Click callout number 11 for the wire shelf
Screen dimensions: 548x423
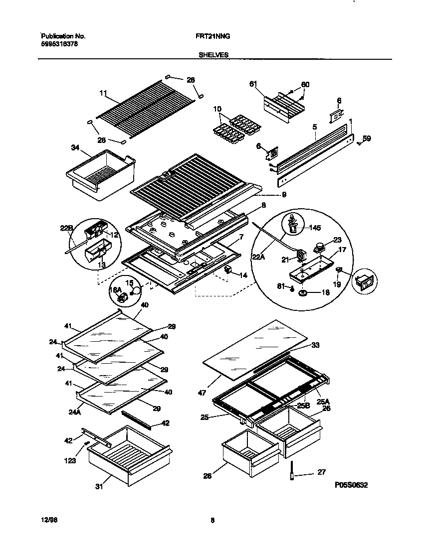tap(103, 93)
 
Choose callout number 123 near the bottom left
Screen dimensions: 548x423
tap(70, 461)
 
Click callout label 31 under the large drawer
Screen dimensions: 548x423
tap(99, 486)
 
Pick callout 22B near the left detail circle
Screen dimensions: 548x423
tap(67, 229)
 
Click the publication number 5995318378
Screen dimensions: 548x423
tap(59, 44)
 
